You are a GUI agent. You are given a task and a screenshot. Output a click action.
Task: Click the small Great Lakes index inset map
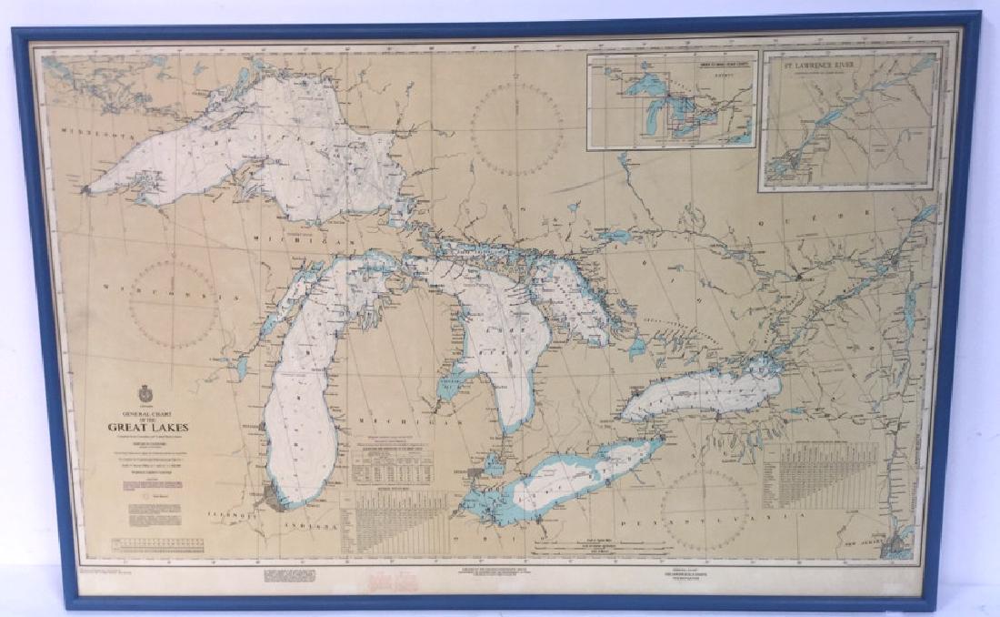(x=671, y=100)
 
